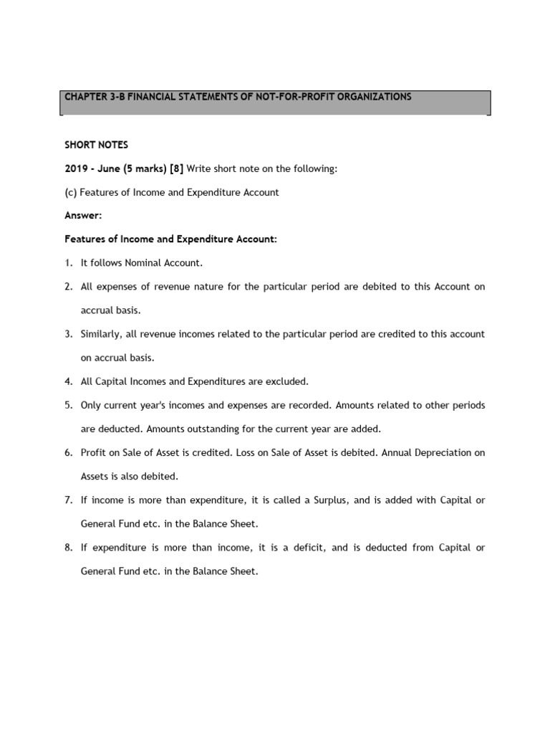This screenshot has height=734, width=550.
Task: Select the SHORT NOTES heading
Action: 96,145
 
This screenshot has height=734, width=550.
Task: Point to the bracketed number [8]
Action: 176,168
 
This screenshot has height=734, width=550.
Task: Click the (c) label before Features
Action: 71,192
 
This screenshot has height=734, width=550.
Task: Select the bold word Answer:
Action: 83,215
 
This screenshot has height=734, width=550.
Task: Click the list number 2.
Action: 68,287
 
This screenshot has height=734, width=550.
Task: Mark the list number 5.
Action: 68,405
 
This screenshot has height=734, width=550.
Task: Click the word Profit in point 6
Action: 93,452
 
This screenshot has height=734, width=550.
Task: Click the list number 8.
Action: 68,548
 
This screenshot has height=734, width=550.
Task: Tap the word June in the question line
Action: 112,168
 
